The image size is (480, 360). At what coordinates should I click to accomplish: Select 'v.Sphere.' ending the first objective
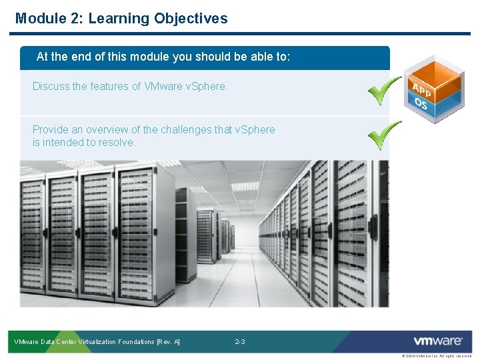pyautogui.click(x=205, y=87)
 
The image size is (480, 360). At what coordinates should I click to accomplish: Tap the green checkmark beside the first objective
pyautogui.click(x=385, y=91)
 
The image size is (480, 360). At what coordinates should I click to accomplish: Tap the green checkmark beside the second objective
pyautogui.click(x=385, y=135)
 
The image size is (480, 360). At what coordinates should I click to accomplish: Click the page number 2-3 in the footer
pyautogui.click(x=240, y=342)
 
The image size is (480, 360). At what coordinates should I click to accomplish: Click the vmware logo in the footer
pyautogui.click(x=438, y=341)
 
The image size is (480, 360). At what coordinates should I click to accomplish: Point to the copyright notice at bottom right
pyautogui.click(x=437, y=357)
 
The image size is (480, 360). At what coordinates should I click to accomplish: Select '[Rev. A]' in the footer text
pyautogui.click(x=168, y=342)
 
